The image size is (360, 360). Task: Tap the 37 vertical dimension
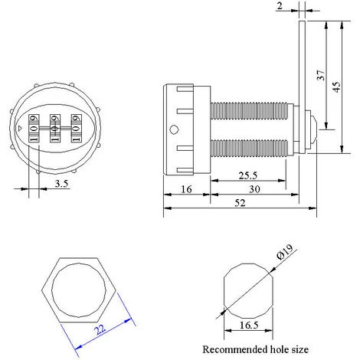(x=319, y=75)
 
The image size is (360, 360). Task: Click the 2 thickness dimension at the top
(x=281, y=6)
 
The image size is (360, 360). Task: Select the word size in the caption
(x=297, y=349)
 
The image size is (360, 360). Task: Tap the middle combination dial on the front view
(x=54, y=128)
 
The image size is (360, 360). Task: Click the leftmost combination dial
(x=33, y=128)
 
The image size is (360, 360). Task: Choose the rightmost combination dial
(x=76, y=128)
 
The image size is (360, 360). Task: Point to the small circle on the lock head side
(x=174, y=129)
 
